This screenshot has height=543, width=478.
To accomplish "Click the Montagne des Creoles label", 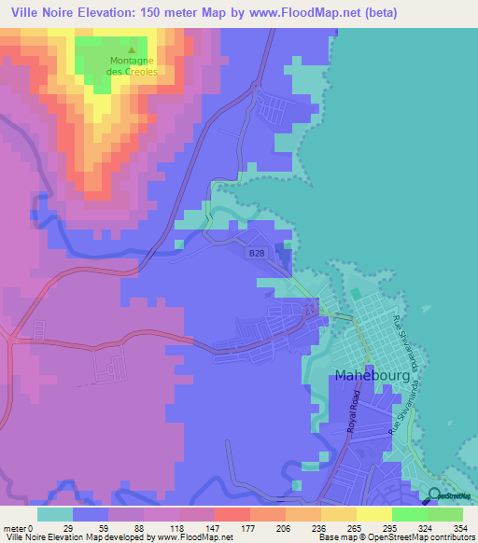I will pyautogui.click(x=132, y=66).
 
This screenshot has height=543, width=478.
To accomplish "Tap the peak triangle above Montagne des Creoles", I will pyautogui.click(x=132, y=51).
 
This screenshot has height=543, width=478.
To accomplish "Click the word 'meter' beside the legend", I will pyautogui.click(x=15, y=528).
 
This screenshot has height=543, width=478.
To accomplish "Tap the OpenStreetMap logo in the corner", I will pyautogui.click(x=452, y=494).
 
